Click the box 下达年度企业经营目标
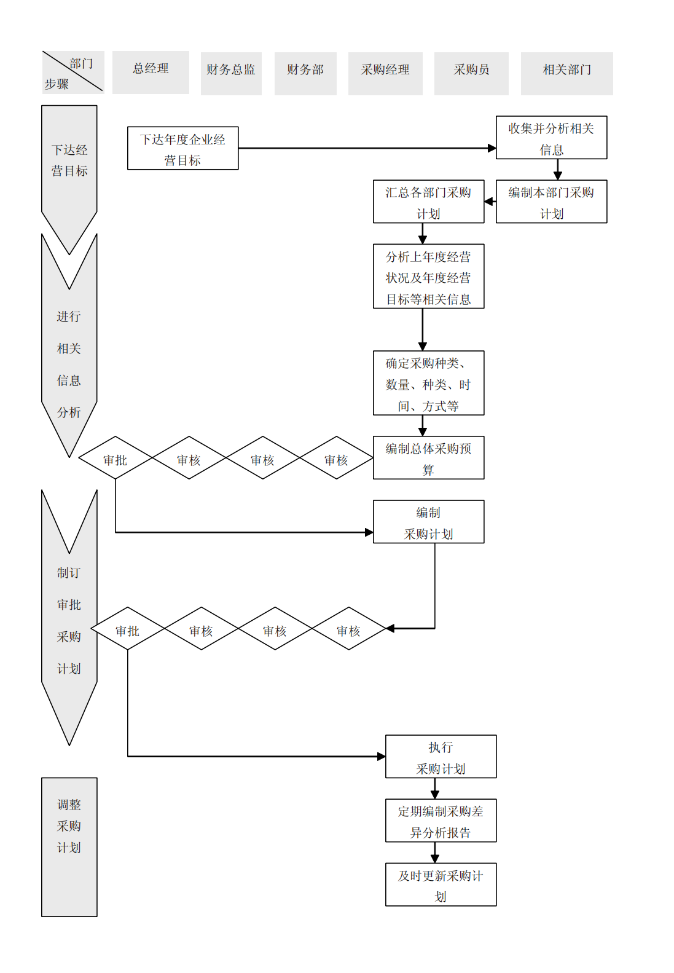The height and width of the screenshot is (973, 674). [x=182, y=148]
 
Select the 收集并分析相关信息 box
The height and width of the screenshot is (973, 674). [x=551, y=138]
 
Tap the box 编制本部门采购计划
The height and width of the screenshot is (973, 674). [x=551, y=202]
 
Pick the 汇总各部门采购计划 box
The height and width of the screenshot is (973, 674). [x=428, y=202]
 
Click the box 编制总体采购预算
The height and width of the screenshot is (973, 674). [x=428, y=458]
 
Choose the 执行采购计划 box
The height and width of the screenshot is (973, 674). [x=441, y=757]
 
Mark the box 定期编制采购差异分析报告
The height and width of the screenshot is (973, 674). [x=441, y=821]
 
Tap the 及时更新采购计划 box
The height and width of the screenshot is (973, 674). [x=441, y=884]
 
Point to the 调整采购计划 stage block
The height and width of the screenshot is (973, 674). [x=69, y=846]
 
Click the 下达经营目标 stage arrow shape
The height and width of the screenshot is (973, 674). [x=69, y=166]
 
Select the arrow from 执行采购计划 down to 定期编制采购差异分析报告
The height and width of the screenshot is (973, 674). [x=435, y=789]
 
